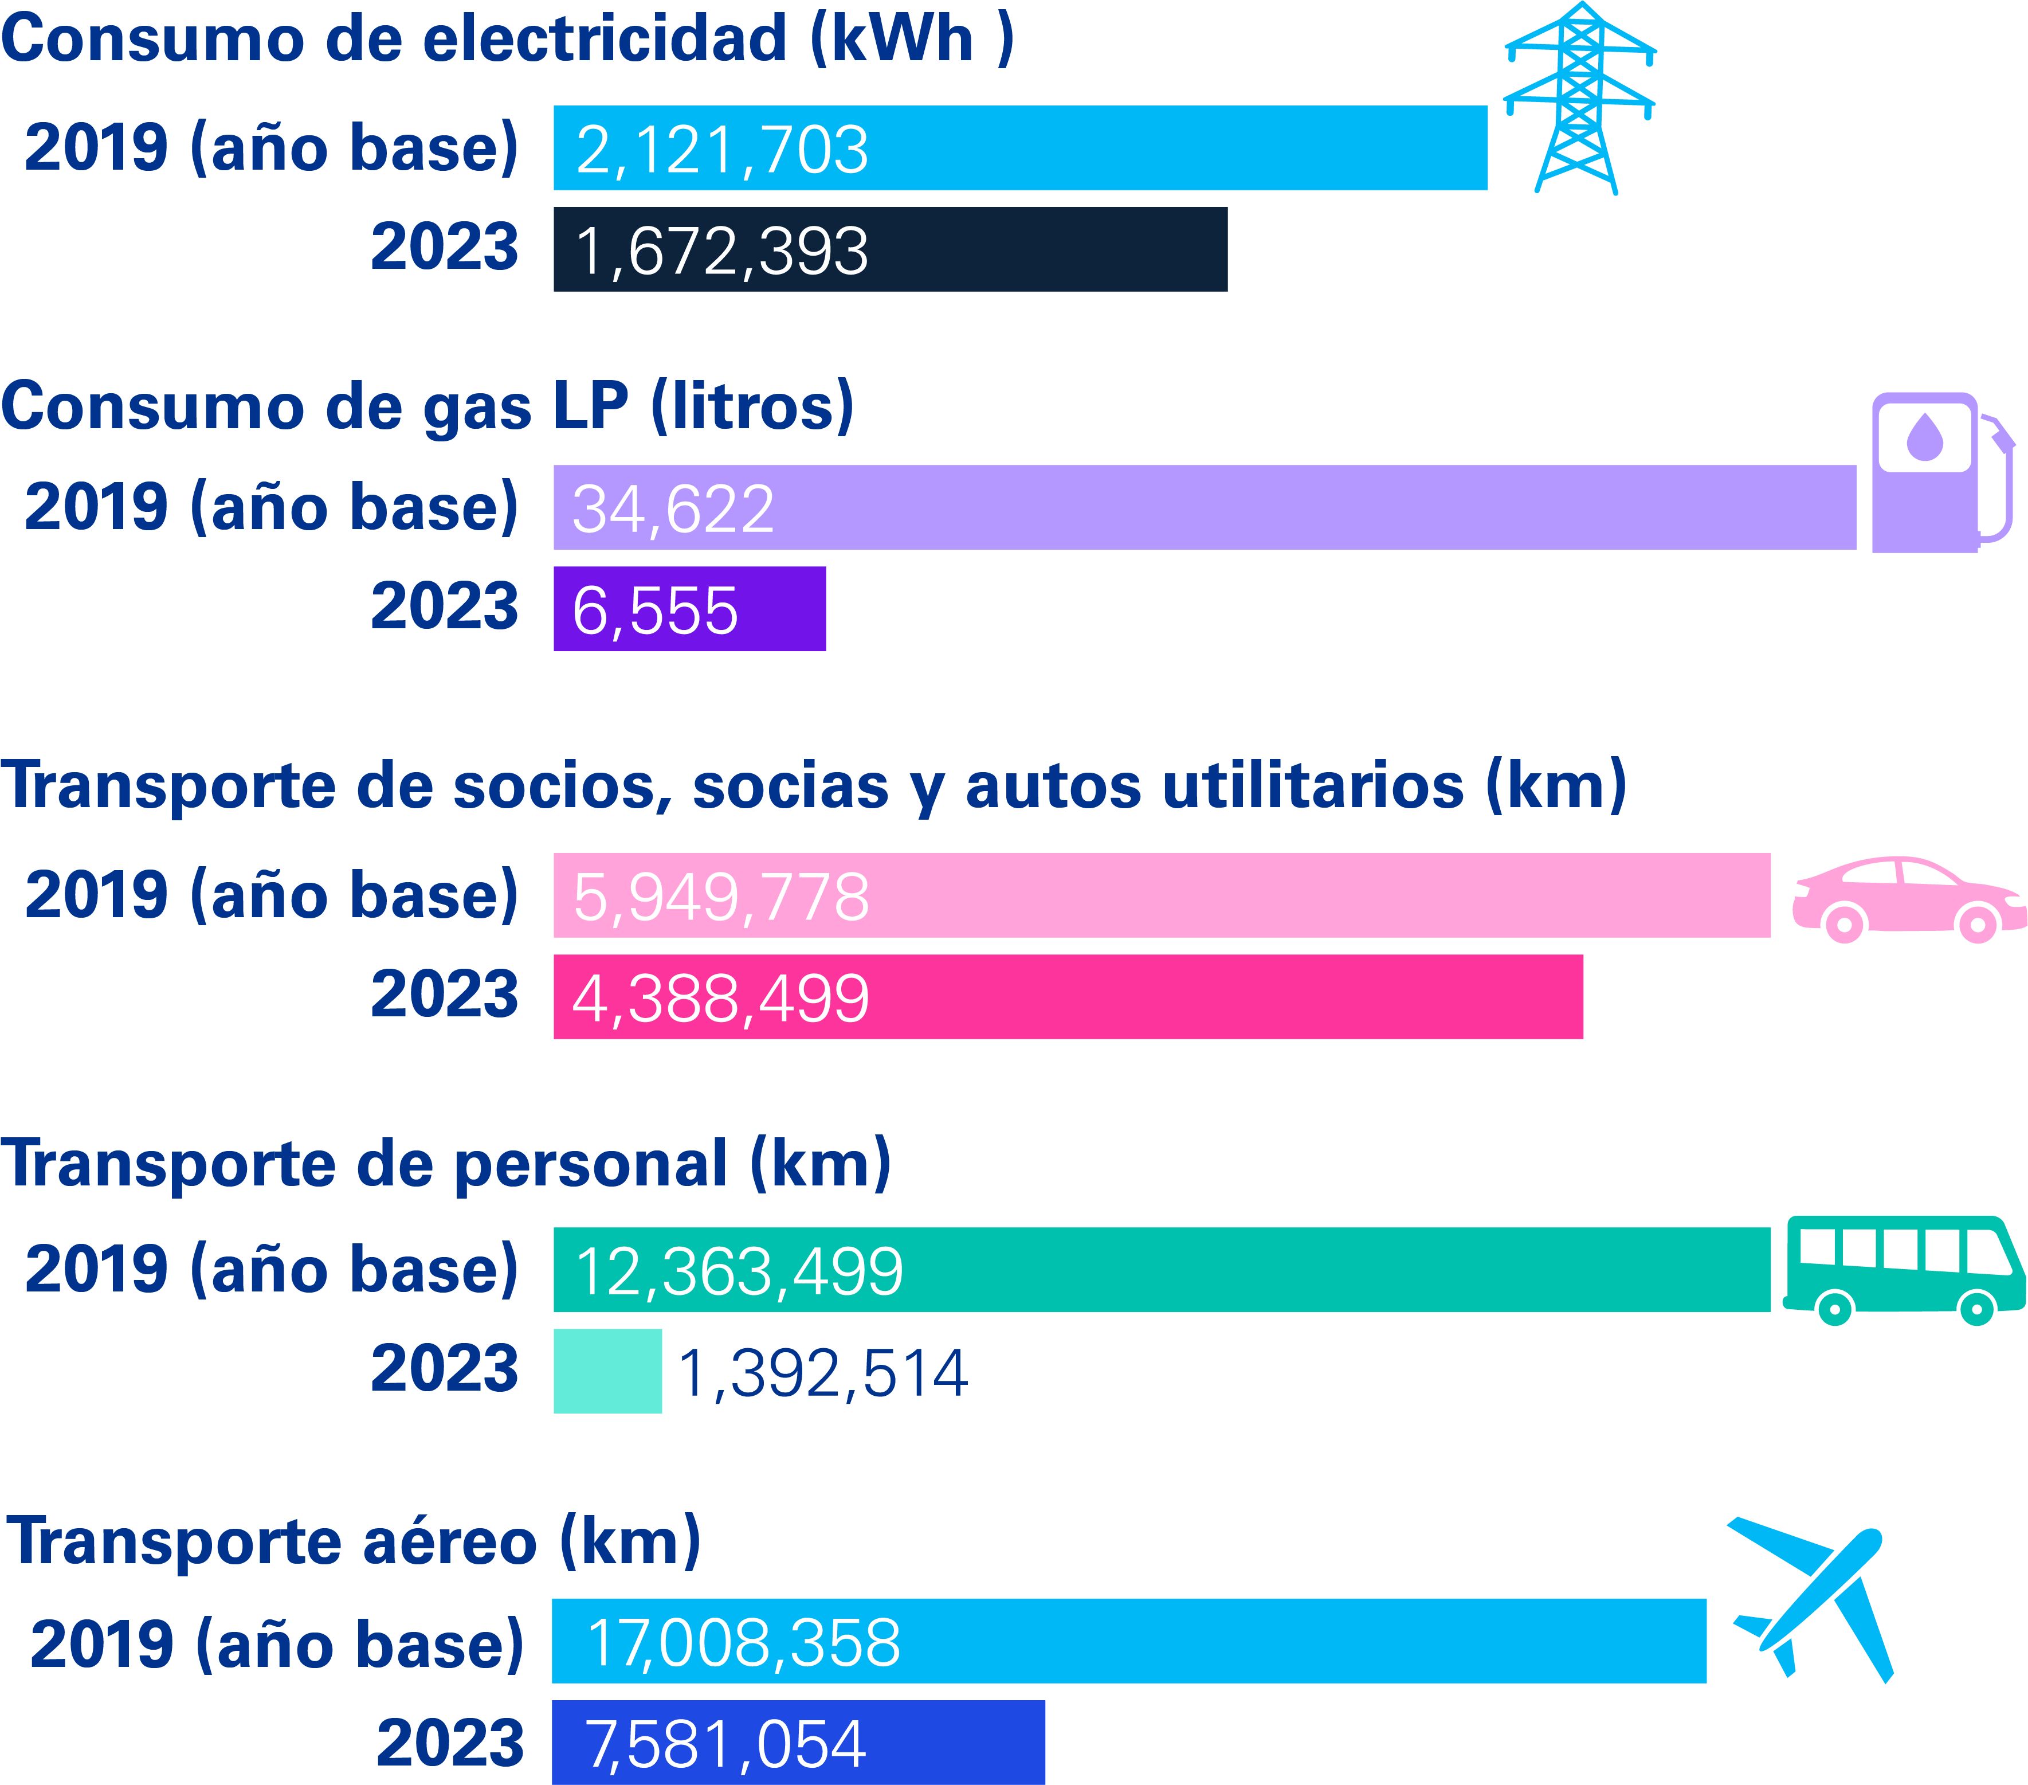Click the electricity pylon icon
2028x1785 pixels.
pyautogui.click(x=1579, y=99)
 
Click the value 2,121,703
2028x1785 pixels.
pyautogui.click(x=721, y=150)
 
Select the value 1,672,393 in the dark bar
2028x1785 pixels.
pyautogui.click(x=721, y=251)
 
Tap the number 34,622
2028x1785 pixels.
pyautogui.click(x=673, y=509)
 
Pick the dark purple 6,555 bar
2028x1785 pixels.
pyautogui.click(x=689, y=609)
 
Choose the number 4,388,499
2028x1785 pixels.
pyautogui.click(x=721, y=997)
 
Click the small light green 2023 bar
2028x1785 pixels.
pyautogui.click(x=607, y=1371)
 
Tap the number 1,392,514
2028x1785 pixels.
pyautogui.click(x=822, y=1373)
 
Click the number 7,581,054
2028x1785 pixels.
pyautogui.click(x=725, y=1744)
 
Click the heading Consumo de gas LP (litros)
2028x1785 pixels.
pyautogui.click(x=427, y=407)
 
